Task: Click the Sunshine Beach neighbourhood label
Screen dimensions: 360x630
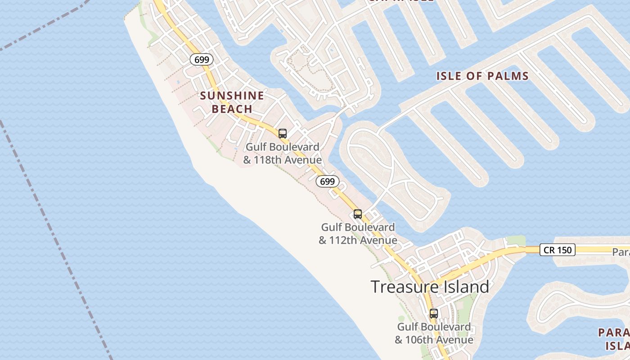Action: [232, 102]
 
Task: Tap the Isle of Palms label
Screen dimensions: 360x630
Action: [482, 76]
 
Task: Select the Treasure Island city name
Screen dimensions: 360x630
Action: [430, 287]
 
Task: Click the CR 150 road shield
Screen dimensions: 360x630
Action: [558, 250]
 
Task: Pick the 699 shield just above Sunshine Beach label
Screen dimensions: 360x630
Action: [201, 59]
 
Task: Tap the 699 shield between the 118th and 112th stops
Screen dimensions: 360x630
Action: [327, 181]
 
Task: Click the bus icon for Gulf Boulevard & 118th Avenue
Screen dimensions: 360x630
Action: [283, 134]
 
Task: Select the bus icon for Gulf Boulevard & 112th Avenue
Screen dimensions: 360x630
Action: [358, 214]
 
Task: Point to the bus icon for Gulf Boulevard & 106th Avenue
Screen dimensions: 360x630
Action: [434, 314]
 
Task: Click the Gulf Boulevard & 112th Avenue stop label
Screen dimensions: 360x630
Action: [358, 234]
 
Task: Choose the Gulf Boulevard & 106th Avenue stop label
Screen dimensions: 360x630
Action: [434, 333]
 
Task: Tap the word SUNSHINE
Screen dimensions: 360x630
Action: [232, 95]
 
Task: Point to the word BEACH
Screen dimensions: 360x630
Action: [232, 109]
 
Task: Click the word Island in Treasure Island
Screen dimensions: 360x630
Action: [461, 287]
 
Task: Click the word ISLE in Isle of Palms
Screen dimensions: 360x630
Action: [448, 76]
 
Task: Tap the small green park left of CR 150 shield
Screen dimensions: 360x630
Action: [517, 241]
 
